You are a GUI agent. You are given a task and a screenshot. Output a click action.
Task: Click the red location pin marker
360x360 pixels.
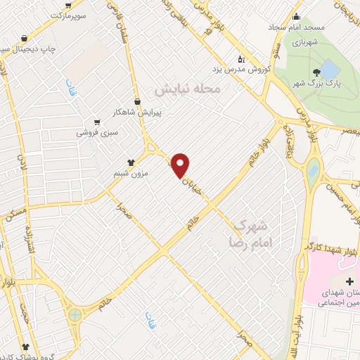(x=181, y=165)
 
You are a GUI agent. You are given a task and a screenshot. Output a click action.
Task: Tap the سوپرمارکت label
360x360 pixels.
(x=86, y=14)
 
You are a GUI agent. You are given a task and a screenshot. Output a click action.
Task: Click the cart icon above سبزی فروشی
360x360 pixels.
(x=97, y=121)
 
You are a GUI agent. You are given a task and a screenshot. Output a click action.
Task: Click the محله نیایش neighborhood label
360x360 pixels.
(x=188, y=89)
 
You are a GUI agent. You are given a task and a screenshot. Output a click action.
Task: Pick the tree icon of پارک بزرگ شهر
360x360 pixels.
(x=319, y=72)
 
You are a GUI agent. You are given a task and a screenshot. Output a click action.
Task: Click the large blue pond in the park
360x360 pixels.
(x=329, y=69)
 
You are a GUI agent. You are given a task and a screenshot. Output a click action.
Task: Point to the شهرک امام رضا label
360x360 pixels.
(x=250, y=233)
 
